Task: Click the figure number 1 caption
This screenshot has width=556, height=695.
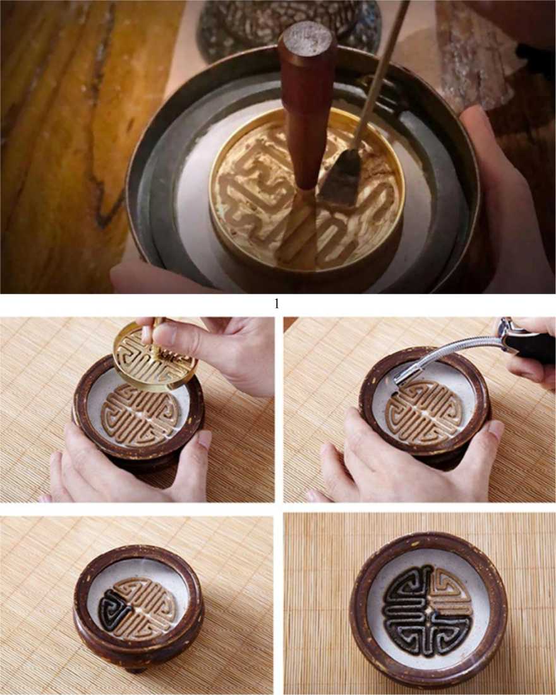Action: [277, 304]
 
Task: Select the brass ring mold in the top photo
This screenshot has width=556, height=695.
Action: [307, 191]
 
